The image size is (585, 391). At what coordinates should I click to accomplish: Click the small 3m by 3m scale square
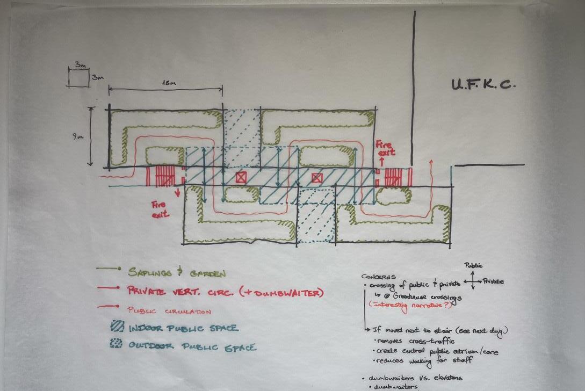tap(77, 77)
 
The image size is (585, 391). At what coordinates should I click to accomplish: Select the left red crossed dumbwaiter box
tap(241, 177)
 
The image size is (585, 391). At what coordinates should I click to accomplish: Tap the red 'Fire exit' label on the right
tap(382, 148)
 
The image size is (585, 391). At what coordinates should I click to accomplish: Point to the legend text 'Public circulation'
tap(169, 311)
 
